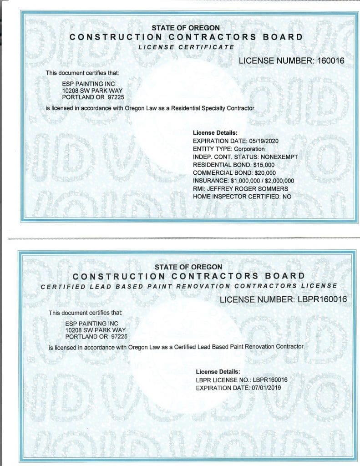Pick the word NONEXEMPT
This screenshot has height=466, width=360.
pyautogui.click(x=279, y=157)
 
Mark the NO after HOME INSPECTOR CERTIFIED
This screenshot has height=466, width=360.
pyautogui.click(x=287, y=197)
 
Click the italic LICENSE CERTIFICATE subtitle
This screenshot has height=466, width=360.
pyautogui.click(x=186, y=47)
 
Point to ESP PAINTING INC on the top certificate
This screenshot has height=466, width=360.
pyautogui.click(x=82, y=84)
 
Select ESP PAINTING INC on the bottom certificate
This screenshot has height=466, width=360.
pyautogui.click(x=86, y=323)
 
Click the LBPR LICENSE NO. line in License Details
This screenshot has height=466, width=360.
pyautogui.click(x=242, y=380)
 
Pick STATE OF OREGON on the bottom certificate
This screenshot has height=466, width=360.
pyautogui.click(x=188, y=267)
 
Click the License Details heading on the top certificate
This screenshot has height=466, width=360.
pyautogui.click(x=212, y=132)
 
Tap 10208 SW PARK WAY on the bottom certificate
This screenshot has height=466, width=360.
pyautogui.click(x=95, y=329)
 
